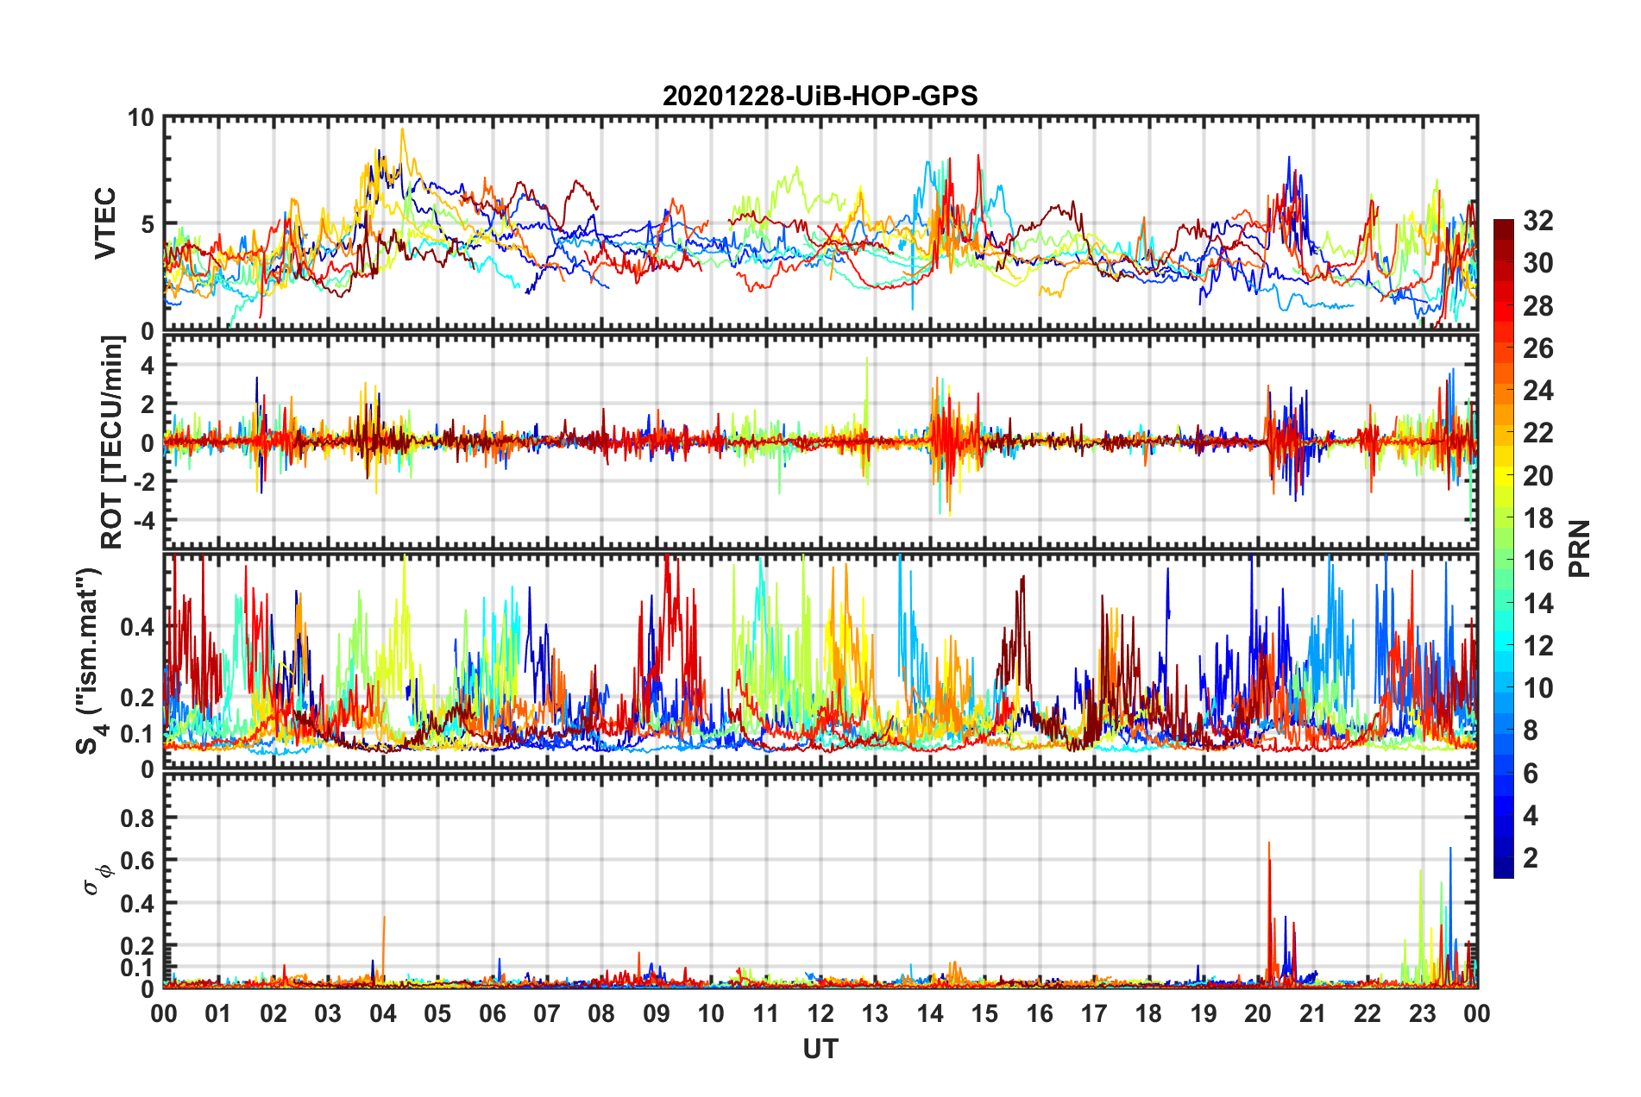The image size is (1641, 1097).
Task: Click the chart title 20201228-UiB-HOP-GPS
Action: point(820,96)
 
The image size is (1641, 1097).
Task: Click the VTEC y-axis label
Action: point(105,223)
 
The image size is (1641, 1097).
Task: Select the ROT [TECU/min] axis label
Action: point(112,442)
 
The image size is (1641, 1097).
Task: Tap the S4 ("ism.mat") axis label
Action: point(89,661)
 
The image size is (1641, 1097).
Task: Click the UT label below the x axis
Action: point(820,1049)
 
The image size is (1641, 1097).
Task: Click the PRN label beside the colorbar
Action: point(1579,548)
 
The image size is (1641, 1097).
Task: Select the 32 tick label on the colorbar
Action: point(1537,221)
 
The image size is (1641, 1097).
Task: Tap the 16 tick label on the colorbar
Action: point(1537,561)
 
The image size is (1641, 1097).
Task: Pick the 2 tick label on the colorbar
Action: point(1531,857)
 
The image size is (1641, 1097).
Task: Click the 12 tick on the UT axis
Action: point(820,1013)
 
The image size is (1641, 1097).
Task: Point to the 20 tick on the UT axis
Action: point(1258,1013)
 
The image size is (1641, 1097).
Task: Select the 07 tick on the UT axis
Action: point(547,1013)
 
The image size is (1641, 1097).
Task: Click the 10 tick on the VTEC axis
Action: point(141,117)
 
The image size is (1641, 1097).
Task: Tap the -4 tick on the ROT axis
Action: point(144,520)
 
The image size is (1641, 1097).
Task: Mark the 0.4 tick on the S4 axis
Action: point(137,627)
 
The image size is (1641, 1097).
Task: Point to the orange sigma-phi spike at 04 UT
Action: point(384,918)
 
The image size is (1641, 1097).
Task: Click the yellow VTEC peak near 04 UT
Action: point(402,130)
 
